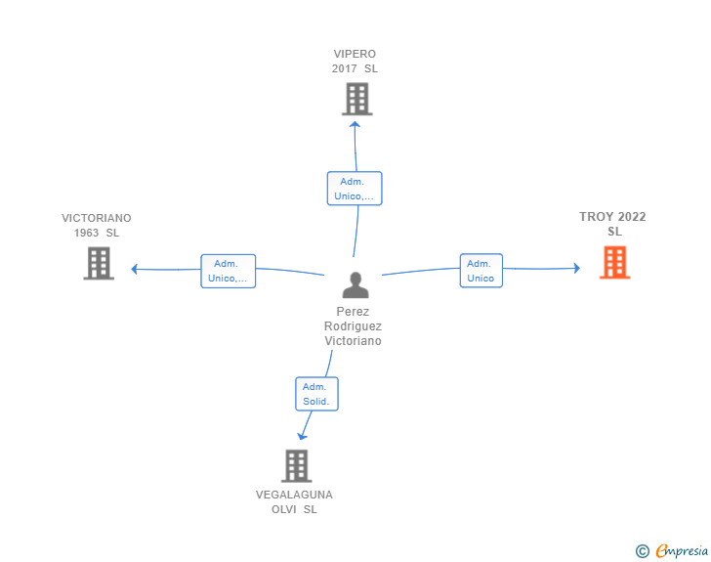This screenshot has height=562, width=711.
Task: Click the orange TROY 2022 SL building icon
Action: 615,262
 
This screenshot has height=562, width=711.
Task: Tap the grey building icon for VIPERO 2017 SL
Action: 357,99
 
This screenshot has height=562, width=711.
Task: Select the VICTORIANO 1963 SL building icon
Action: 99,263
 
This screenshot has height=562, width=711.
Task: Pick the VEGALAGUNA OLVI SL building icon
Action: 297,466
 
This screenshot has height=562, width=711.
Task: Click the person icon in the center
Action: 355,284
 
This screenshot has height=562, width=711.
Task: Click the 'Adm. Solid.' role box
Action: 316,394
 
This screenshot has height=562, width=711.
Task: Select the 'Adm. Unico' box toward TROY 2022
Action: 481,271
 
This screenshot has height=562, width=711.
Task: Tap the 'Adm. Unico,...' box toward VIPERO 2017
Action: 355,189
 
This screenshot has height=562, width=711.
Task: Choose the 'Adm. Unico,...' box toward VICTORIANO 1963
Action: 229,271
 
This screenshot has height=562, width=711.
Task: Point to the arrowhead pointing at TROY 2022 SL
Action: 577,268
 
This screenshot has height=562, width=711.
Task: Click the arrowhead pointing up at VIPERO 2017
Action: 355,124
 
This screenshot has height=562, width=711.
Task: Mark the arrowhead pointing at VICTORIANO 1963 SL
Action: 134,269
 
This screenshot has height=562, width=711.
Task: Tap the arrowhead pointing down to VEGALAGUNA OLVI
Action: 302,436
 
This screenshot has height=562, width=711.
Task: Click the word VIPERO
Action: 355,54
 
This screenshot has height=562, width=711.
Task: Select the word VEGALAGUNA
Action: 294,495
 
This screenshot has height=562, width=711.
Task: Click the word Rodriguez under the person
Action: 353,325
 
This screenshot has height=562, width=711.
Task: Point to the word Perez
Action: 353,312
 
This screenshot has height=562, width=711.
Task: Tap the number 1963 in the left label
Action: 86,233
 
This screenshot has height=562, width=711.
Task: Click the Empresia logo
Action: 682,550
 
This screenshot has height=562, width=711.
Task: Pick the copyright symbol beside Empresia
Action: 643,551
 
